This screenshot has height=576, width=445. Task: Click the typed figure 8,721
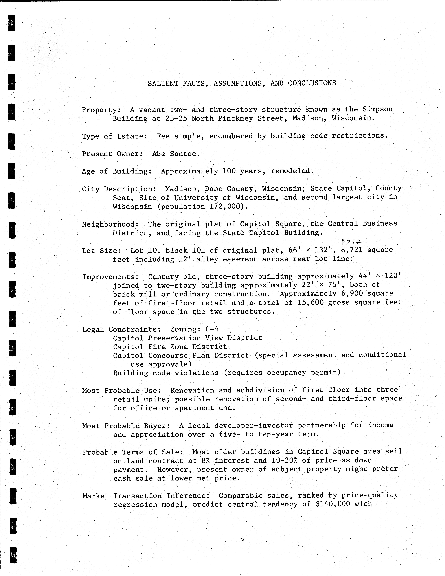click(x=351, y=250)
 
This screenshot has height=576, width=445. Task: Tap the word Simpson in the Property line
click(x=377, y=109)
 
